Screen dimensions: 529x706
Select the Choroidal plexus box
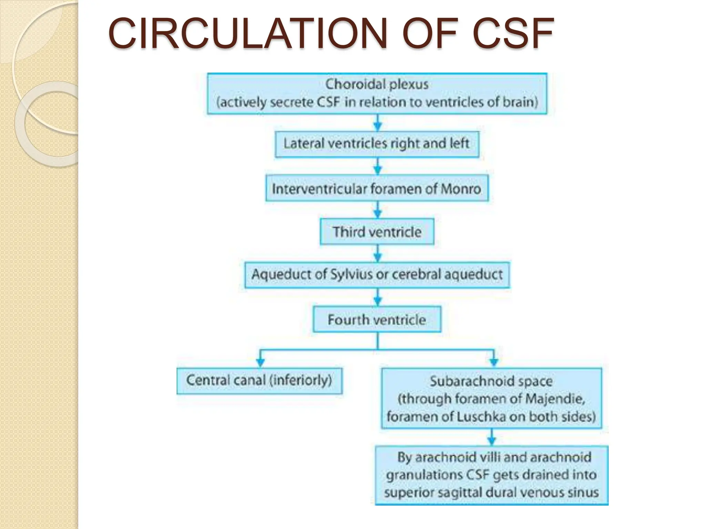377,93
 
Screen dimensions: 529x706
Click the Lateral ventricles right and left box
377,144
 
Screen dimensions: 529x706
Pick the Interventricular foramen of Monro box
377,188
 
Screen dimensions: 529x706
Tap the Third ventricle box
377,232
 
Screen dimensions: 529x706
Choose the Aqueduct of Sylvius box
377,275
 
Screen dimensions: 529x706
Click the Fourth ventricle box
377,320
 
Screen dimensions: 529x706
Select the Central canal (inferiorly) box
259,381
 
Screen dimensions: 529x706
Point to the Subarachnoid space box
491,398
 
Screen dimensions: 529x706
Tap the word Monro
461,189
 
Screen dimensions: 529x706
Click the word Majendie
555,399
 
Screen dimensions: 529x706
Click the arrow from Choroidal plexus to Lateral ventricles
378,123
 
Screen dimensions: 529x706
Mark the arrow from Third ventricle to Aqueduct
378,254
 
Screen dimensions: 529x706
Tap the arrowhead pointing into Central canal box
261,362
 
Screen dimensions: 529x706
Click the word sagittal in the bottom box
462,492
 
